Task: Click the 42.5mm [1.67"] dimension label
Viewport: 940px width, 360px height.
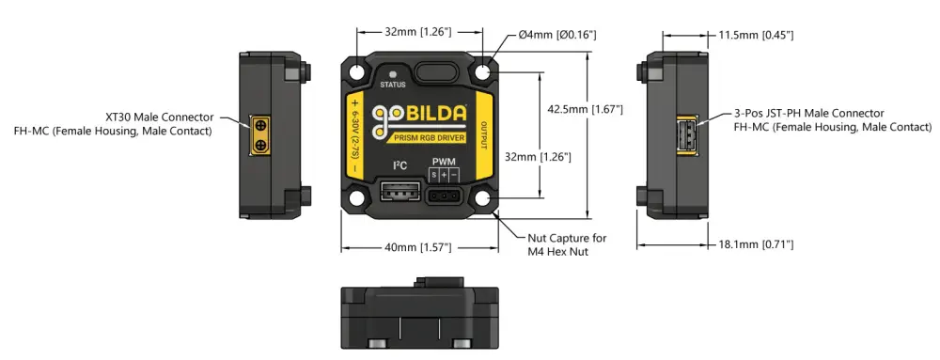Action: coord(585,110)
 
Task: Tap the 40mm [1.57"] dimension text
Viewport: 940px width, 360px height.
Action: coord(417,247)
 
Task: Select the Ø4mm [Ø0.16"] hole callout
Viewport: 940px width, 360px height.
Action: coord(557,35)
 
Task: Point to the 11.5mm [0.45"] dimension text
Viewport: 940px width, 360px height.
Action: coord(756,36)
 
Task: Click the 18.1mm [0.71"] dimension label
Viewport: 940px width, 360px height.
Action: coord(756,244)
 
